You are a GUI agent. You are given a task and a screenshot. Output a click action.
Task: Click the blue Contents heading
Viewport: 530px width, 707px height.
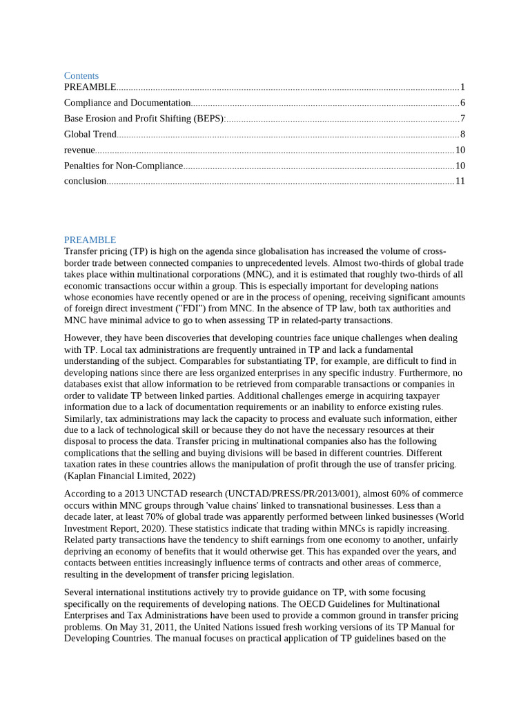[81, 75]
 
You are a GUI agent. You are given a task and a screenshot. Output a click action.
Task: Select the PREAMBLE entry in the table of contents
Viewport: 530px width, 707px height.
[90, 87]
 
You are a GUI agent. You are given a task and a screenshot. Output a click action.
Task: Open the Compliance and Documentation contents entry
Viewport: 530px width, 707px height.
[127, 103]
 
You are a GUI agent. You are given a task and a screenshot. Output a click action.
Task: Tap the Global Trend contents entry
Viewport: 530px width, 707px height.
[90, 135]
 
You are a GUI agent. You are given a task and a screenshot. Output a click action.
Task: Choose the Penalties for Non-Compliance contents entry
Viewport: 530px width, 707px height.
[123, 166]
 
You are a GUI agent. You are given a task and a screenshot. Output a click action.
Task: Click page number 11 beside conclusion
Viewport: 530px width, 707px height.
[460, 182]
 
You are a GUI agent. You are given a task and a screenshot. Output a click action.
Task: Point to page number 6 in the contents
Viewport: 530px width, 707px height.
[462, 103]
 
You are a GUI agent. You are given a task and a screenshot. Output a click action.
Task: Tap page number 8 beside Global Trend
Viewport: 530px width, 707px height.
[462, 135]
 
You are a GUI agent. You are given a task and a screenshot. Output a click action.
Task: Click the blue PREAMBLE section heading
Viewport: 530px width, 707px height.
[90, 240]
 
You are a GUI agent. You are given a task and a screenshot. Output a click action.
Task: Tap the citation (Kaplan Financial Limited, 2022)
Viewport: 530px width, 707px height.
[130, 476]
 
